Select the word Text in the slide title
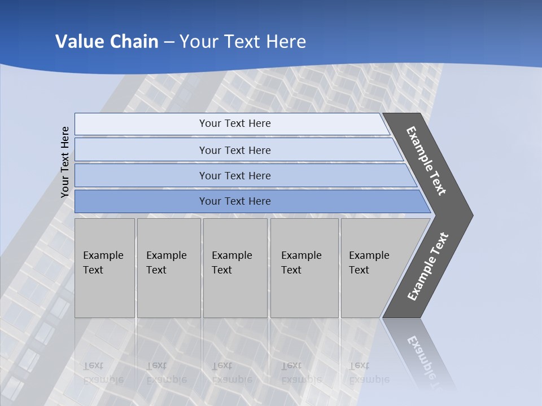pyautogui.click(x=239, y=41)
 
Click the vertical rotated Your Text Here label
pyautogui.click(x=65, y=162)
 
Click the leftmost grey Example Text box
pyautogui.click(x=104, y=268)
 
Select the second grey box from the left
pyautogui.click(x=169, y=268)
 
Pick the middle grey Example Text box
pyautogui.click(x=235, y=268)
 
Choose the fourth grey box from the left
pyautogui.click(x=304, y=268)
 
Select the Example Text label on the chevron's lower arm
pyautogui.click(x=428, y=267)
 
